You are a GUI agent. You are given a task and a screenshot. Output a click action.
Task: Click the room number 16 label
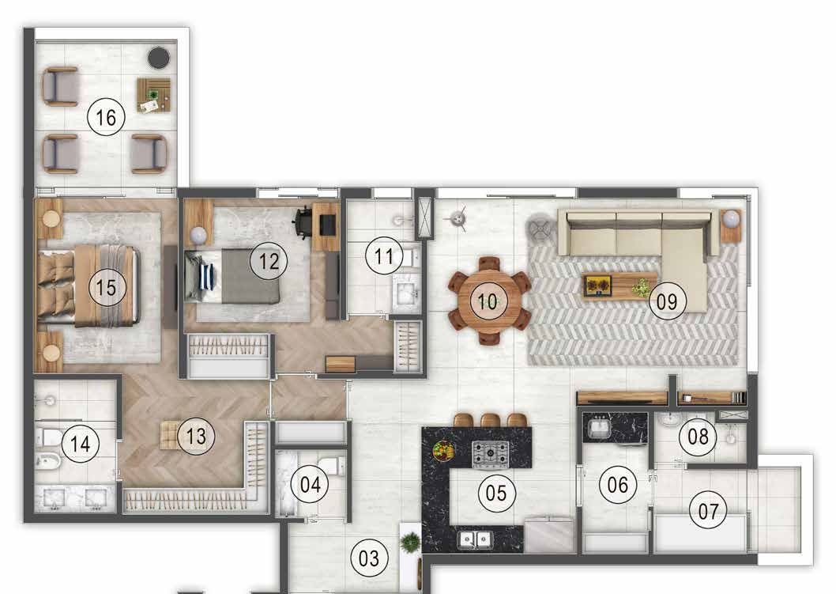[106, 118]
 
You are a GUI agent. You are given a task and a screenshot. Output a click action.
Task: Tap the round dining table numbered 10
[488, 301]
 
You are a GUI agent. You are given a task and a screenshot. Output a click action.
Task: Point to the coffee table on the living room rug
[620, 286]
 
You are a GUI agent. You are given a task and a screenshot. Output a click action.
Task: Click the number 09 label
[667, 301]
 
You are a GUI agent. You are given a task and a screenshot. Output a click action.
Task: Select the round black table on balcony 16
[160, 57]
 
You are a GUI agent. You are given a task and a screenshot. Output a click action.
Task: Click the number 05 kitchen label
[496, 494]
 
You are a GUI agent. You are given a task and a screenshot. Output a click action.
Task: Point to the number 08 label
[702, 437]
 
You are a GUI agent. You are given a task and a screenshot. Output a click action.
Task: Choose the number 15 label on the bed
[107, 286]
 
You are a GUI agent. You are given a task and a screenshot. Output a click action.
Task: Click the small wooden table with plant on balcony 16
[153, 94]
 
